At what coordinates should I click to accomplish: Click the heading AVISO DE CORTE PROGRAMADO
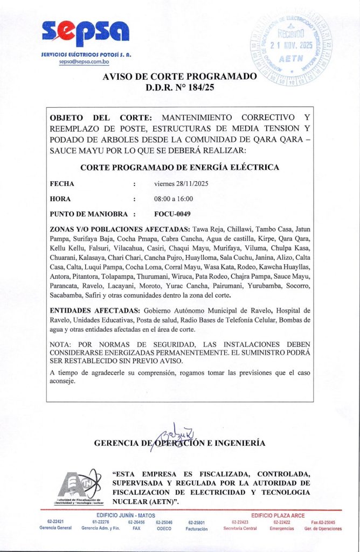pyautogui.click(x=179, y=77)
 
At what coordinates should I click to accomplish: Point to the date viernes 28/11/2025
pyautogui.click(x=181, y=184)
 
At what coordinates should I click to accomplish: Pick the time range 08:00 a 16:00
pyautogui.click(x=174, y=199)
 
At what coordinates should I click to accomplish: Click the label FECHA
pyautogui.click(x=62, y=184)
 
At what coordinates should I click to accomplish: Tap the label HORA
pyautogui.click(x=60, y=199)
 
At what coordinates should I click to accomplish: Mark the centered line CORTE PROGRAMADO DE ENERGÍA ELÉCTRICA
pyautogui.click(x=179, y=168)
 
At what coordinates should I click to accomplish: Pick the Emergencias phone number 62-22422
pyautogui.click(x=282, y=522)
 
